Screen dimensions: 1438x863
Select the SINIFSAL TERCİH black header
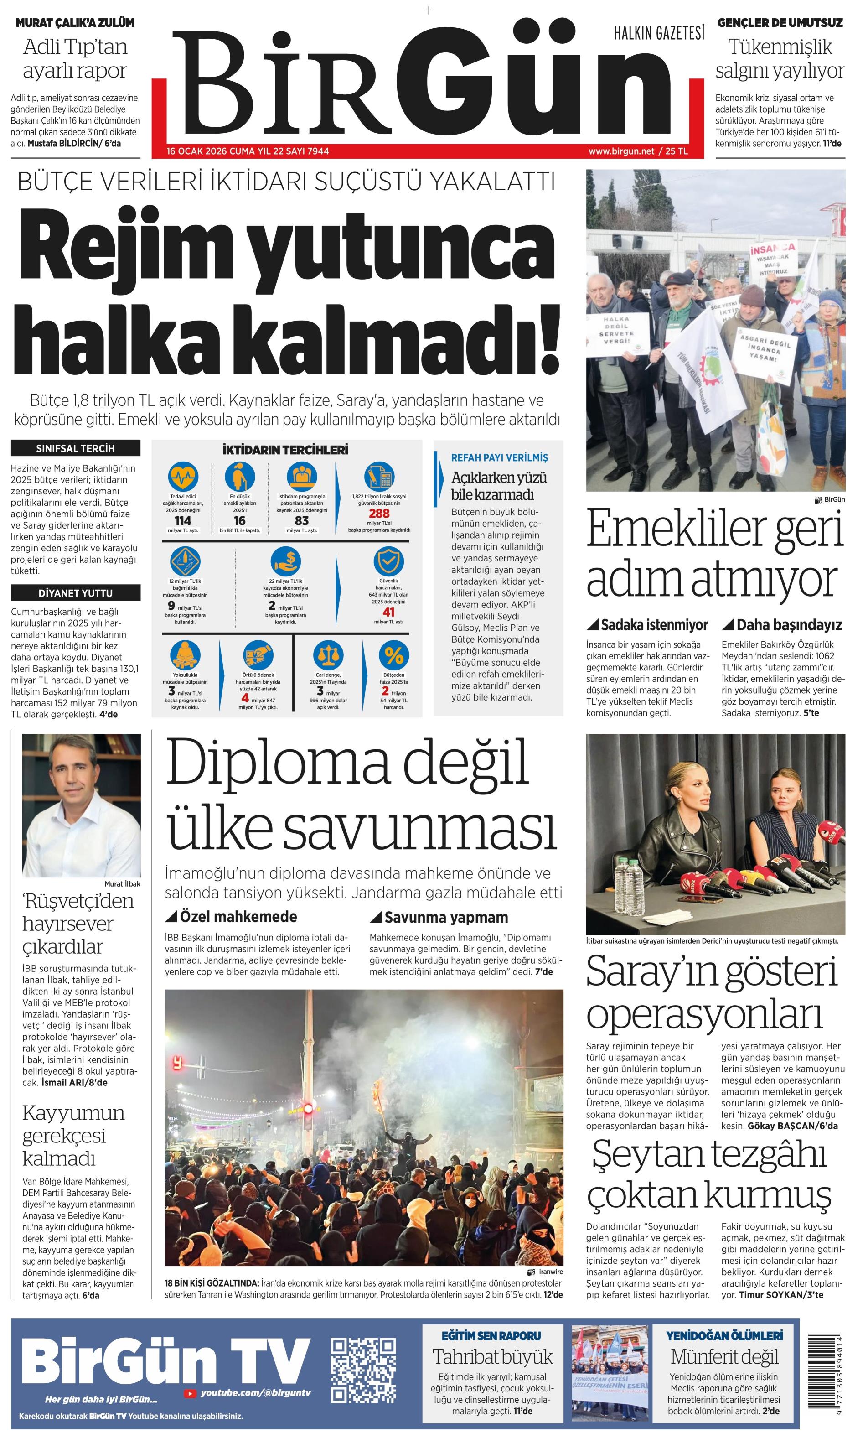pyautogui.click(x=76, y=448)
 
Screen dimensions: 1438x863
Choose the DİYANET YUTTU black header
pyautogui.click(x=76, y=593)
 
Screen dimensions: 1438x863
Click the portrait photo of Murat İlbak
pyautogui.click(x=82, y=806)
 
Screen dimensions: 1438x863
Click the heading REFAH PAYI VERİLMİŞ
pyautogui.click(x=499, y=458)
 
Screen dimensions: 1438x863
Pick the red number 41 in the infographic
pyautogui.click(x=388, y=612)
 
